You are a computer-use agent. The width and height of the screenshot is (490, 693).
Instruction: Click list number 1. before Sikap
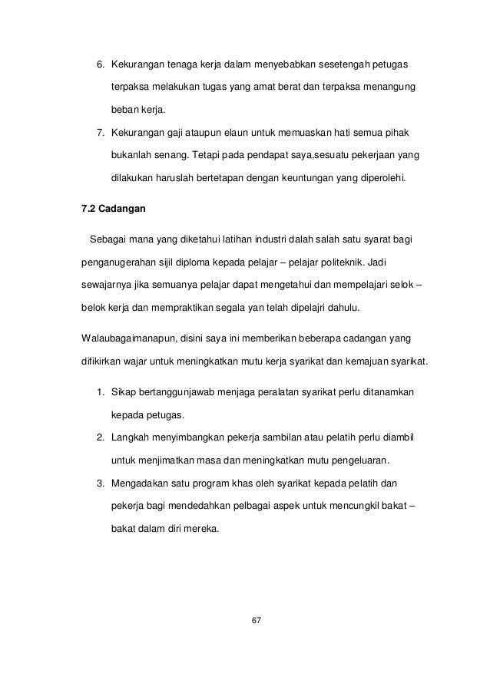tap(100, 394)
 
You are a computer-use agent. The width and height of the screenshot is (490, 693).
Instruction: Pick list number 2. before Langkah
tap(100, 438)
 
